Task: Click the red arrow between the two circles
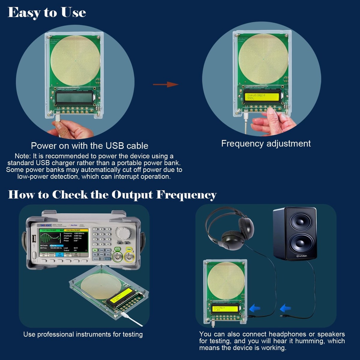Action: click(x=166, y=85)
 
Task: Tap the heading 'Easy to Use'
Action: click(x=47, y=13)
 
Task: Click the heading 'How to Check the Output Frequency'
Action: click(x=112, y=195)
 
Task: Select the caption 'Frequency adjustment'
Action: click(x=266, y=143)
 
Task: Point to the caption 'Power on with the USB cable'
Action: click(x=89, y=146)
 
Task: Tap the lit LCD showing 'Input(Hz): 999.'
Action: click(x=262, y=97)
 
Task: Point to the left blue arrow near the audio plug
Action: click(x=255, y=308)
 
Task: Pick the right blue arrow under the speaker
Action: click(x=285, y=308)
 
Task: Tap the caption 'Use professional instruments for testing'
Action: click(x=83, y=334)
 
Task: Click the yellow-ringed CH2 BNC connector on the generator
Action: click(x=129, y=257)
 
